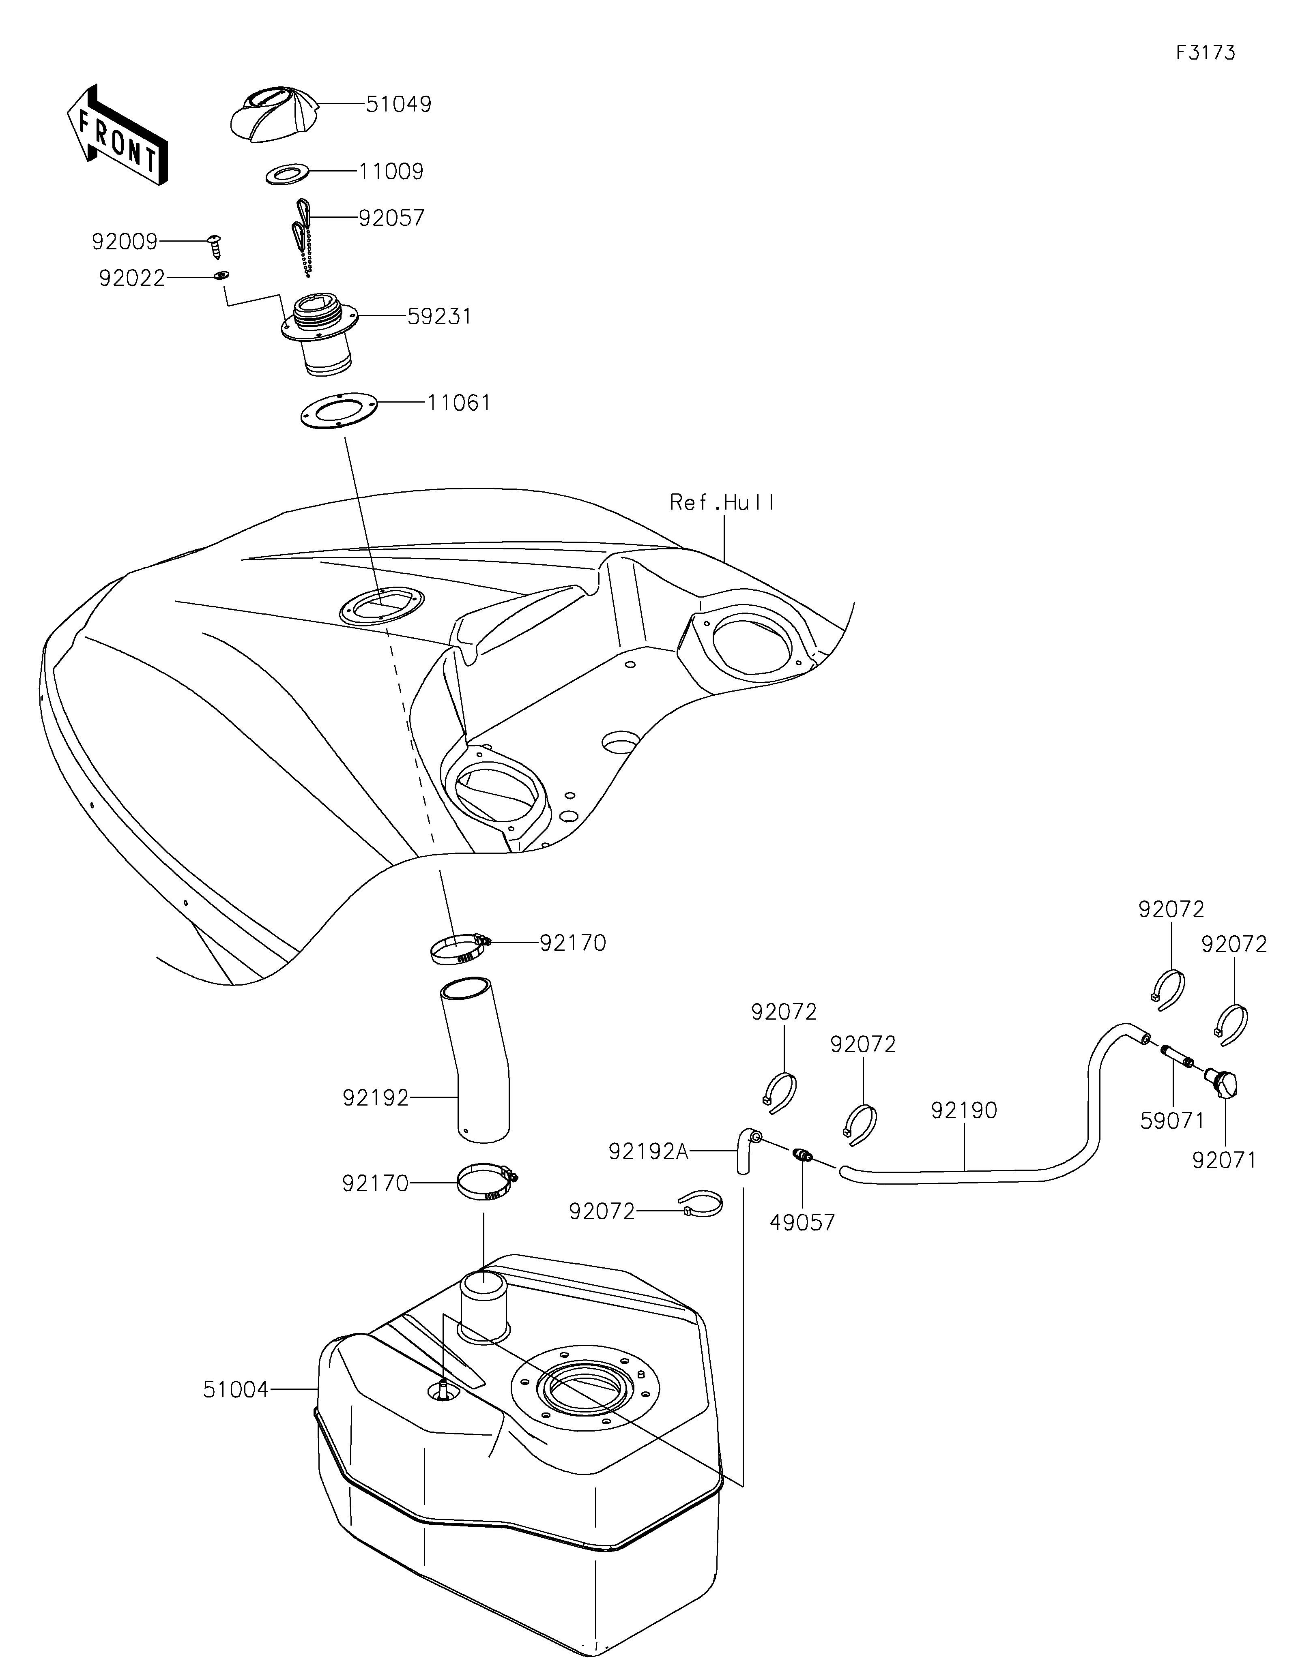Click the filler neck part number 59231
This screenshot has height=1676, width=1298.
(x=438, y=316)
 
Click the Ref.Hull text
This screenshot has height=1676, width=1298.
(x=722, y=503)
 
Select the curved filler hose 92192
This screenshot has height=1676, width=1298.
(x=476, y=1067)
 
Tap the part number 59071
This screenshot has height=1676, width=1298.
(x=1172, y=1121)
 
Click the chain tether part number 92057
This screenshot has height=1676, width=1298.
(x=391, y=219)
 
